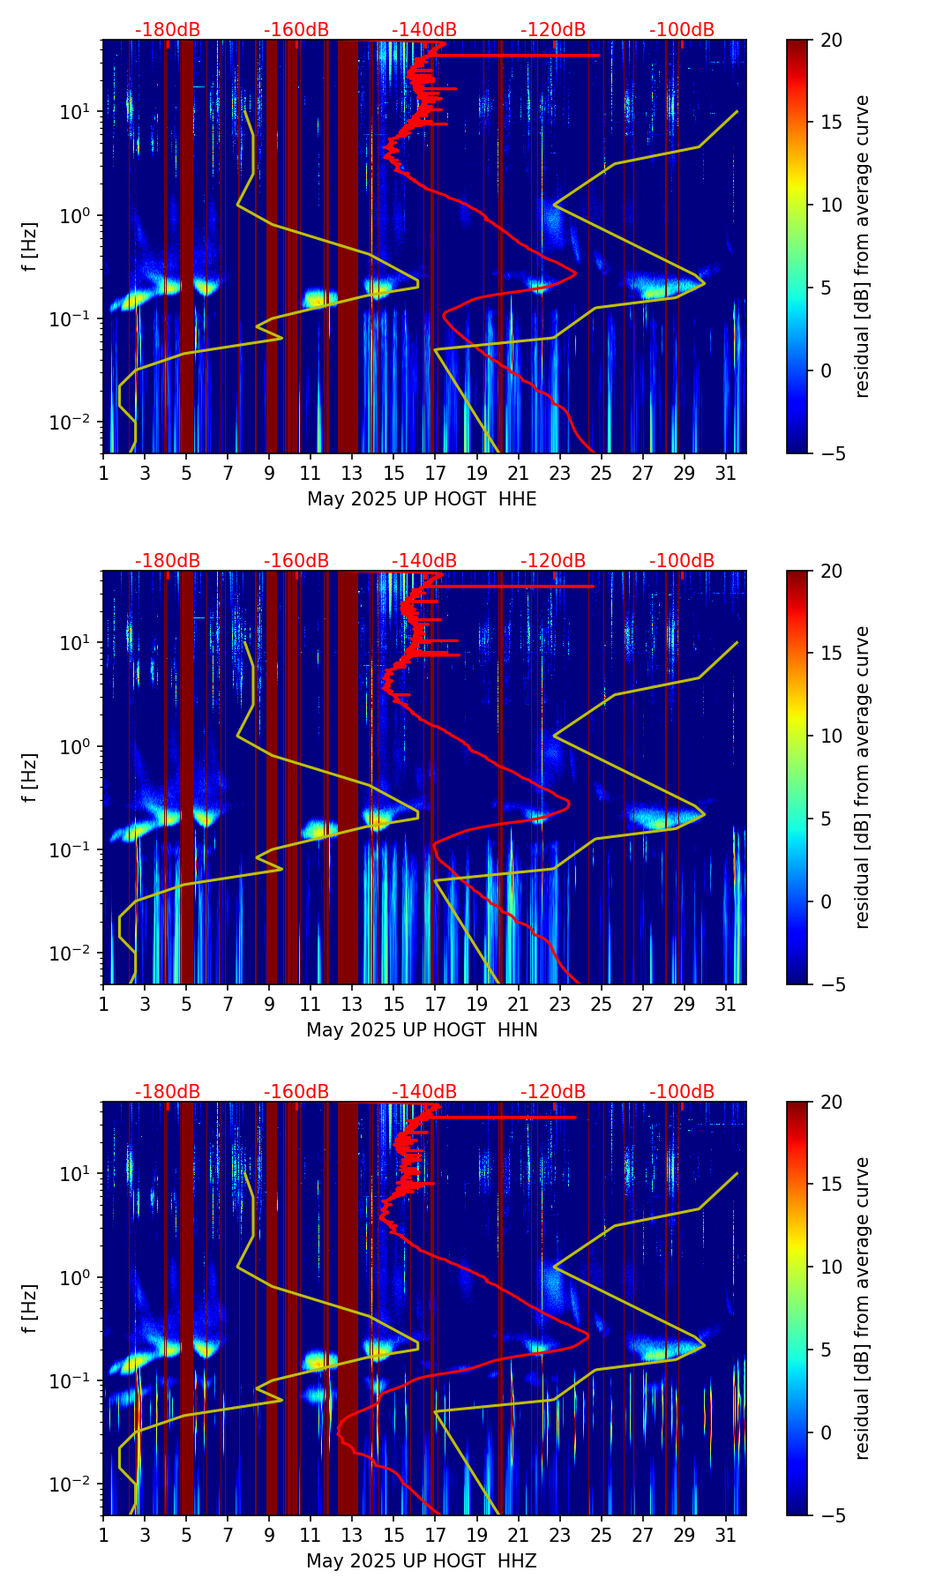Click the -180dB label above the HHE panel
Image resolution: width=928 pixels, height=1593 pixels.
(x=168, y=30)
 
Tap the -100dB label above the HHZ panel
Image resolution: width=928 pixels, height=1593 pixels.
(x=682, y=1092)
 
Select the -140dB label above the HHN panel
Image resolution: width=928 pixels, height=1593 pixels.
(x=424, y=561)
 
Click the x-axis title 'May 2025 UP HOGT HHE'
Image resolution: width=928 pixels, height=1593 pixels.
(x=422, y=499)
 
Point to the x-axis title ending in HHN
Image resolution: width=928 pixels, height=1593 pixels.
(x=422, y=1030)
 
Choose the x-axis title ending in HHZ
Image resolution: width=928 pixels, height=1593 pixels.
(x=422, y=1561)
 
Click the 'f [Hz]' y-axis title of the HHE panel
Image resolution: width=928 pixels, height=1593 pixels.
(x=30, y=246)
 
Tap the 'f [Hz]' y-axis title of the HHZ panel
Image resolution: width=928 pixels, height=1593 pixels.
(x=30, y=1308)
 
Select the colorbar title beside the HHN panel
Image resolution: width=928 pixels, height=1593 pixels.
(x=863, y=777)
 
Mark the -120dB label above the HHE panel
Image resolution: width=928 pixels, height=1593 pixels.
(x=553, y=30)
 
